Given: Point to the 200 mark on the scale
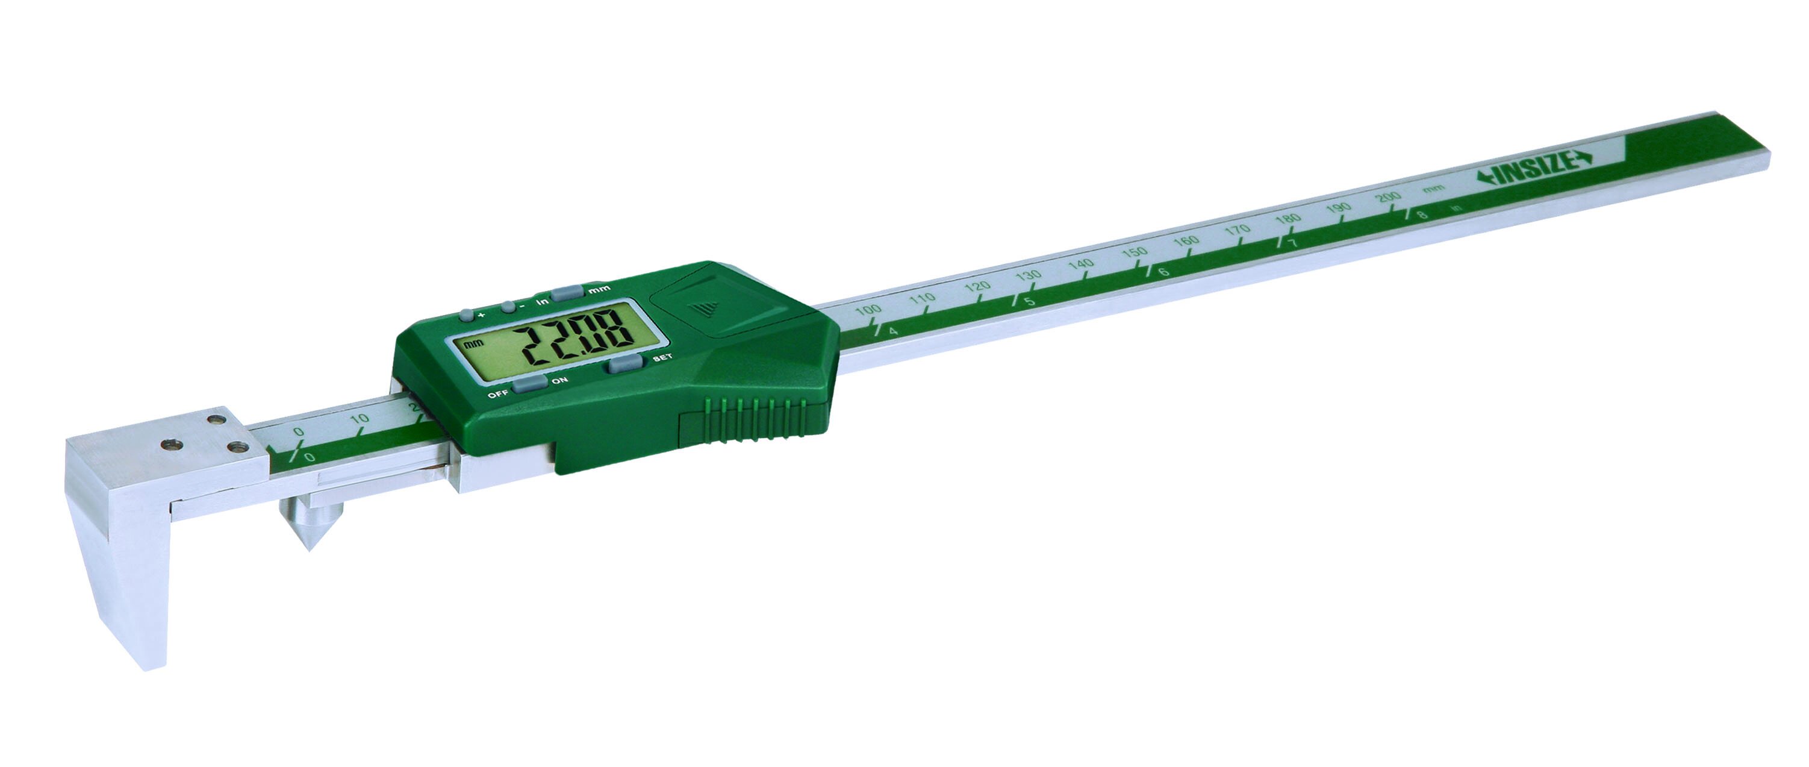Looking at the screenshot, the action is [x=1387, y=198].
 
